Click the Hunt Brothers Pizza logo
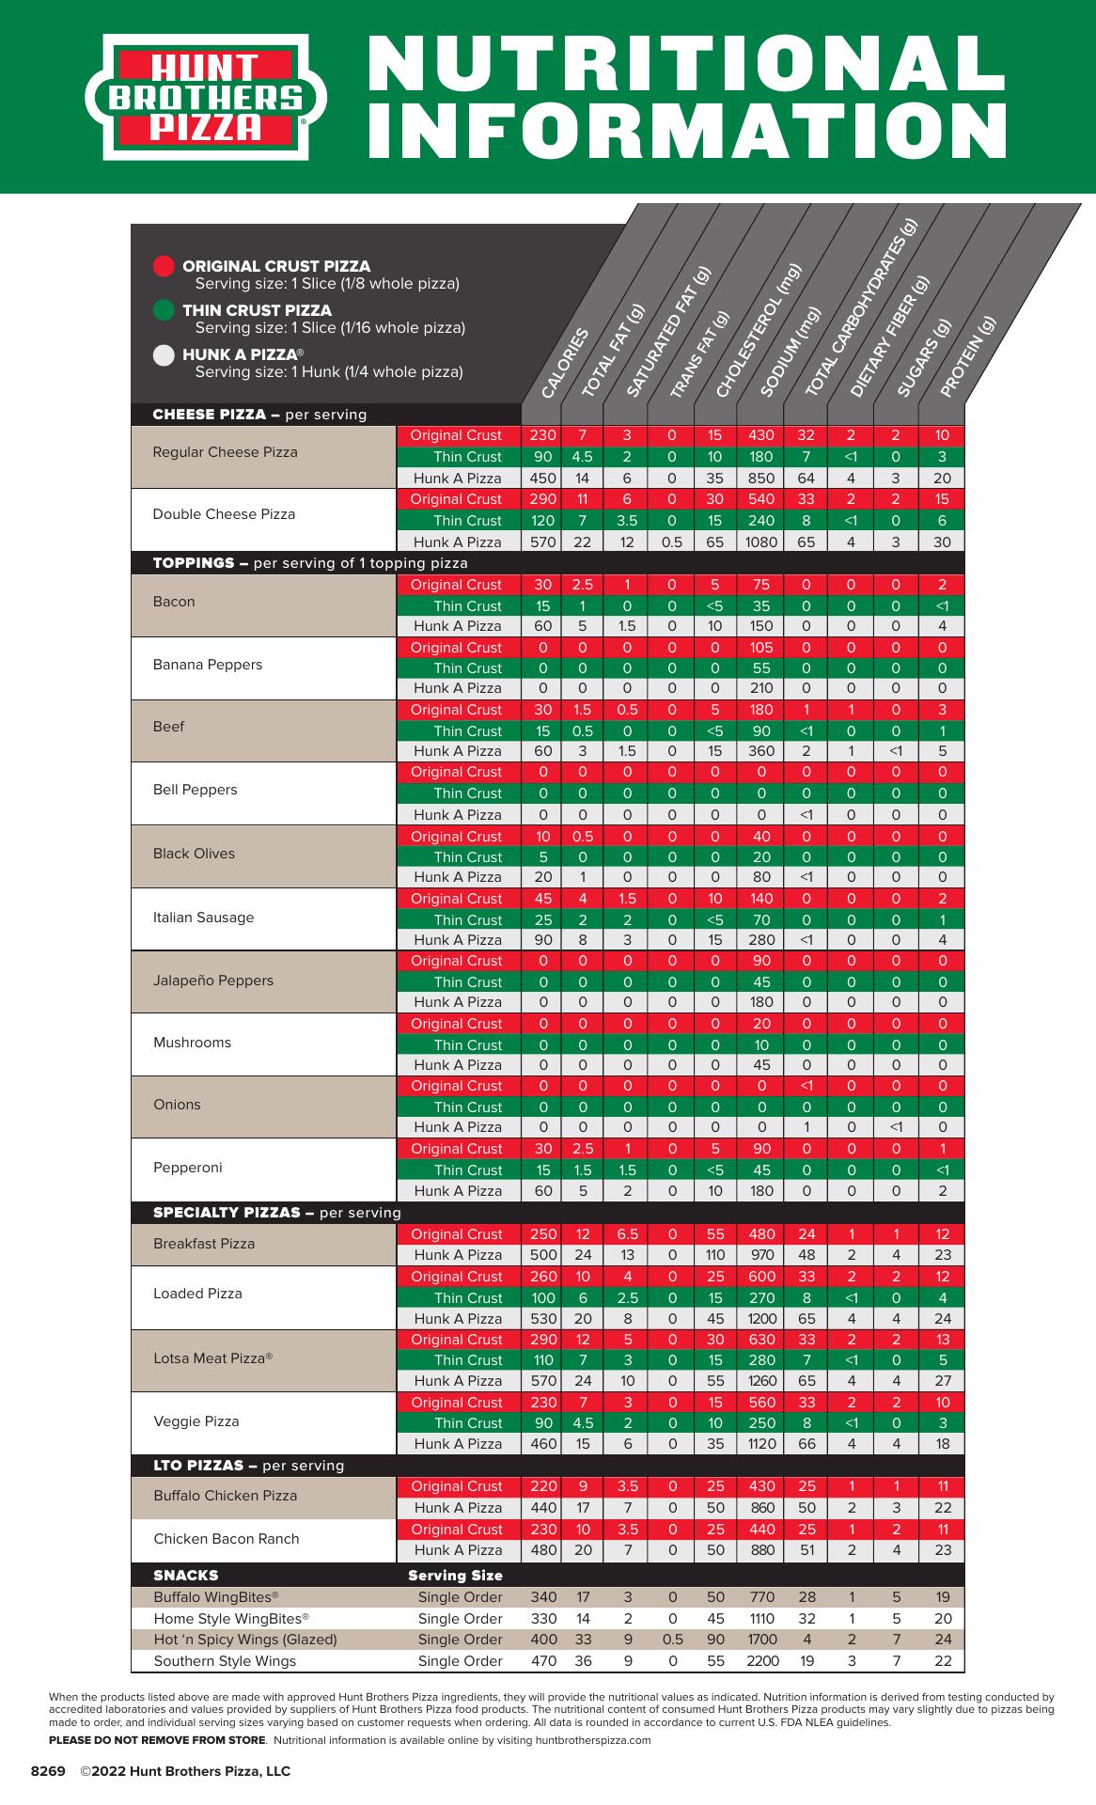206,97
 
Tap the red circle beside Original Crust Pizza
164,266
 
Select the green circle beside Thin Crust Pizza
164,310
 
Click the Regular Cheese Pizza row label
226,452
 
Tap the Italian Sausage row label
203,918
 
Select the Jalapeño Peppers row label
213,981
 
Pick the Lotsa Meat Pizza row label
213,1358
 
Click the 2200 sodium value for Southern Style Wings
762,1660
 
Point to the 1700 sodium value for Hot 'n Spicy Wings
762,1639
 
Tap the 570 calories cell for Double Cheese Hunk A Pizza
543,541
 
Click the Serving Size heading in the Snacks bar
455,1575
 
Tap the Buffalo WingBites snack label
216,1596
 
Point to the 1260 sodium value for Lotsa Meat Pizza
762,1380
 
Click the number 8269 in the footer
48,1771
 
